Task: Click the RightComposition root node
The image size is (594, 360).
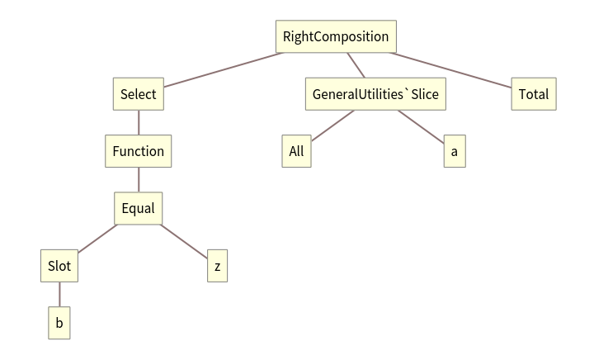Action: click(335, 37)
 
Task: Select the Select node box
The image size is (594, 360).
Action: click(138, 94)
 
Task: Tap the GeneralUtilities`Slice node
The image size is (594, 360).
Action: click(375, 94)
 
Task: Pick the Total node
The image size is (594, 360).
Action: click(533, 94)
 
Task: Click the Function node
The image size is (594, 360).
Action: click(138, 151)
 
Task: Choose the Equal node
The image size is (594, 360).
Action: click(138, 208)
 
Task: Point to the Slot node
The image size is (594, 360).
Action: click(59, 266)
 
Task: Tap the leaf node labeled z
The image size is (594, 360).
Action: click(217, 266)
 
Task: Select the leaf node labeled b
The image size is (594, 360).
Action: click(59, 323)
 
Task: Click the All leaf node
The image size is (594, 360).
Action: click(296, 151)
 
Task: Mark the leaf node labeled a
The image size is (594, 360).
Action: click(454, 151)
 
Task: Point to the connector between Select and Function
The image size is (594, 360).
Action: click(138, 122)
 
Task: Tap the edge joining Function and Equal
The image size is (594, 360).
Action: click(138, 179)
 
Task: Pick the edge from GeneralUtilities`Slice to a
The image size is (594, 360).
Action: click(420, 126)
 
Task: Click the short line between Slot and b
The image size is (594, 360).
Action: click(59, 295)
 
